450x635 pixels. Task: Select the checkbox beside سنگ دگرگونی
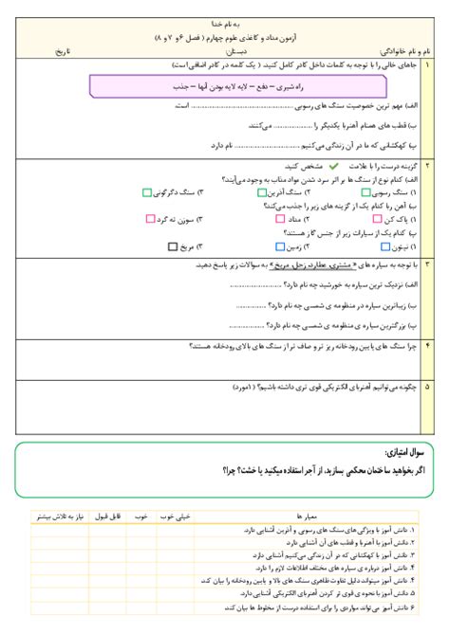[x=146, y=191]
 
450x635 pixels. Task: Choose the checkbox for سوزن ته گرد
[x=151, y=218]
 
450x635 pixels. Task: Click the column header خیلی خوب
[x=178, y=517]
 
